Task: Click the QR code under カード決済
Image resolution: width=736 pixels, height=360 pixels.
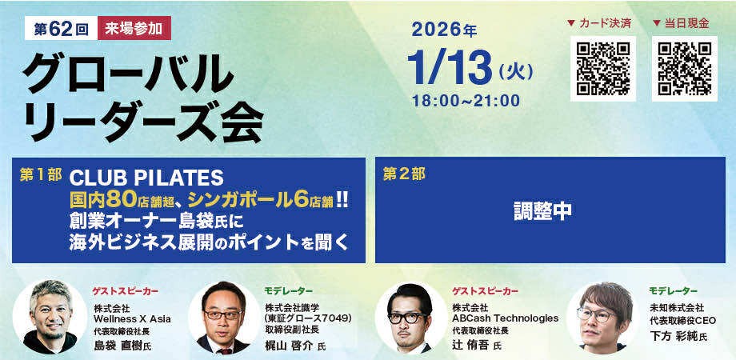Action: [603, 69]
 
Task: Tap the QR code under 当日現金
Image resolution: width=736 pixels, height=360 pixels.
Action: [685, 69]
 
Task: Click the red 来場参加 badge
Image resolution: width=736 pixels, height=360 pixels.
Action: [134, 29]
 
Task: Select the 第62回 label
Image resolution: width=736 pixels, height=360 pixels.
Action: [61, 29]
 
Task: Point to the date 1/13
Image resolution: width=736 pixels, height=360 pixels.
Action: [450, 69]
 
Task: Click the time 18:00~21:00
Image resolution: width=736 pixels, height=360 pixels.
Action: [466, 101]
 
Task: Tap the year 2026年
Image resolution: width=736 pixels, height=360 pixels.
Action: [444, 30]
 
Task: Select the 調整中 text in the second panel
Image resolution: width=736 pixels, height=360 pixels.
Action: [542, 212]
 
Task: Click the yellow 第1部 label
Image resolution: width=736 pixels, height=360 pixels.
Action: [41, 174]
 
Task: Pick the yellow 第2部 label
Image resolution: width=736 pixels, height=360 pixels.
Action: [404, 174]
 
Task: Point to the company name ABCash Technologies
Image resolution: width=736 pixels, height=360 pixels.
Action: [506, 318]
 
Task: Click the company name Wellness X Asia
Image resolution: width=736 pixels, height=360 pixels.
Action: [132, 319]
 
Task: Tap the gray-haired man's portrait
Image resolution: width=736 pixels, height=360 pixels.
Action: [50, 317]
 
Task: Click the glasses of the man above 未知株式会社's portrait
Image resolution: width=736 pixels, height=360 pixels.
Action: [596, 314]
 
